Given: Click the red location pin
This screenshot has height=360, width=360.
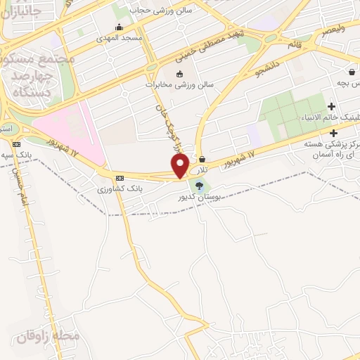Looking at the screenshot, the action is pos(180,165).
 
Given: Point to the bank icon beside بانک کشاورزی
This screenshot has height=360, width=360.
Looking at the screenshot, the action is pos(120,178).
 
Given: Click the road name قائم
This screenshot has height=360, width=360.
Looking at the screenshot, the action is pos(293,44).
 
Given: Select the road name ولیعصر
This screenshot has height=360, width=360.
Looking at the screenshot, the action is pos(335,30).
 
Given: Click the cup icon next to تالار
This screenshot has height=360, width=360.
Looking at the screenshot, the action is pos(202,159).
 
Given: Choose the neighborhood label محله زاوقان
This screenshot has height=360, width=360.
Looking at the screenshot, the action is pos(47,337).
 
